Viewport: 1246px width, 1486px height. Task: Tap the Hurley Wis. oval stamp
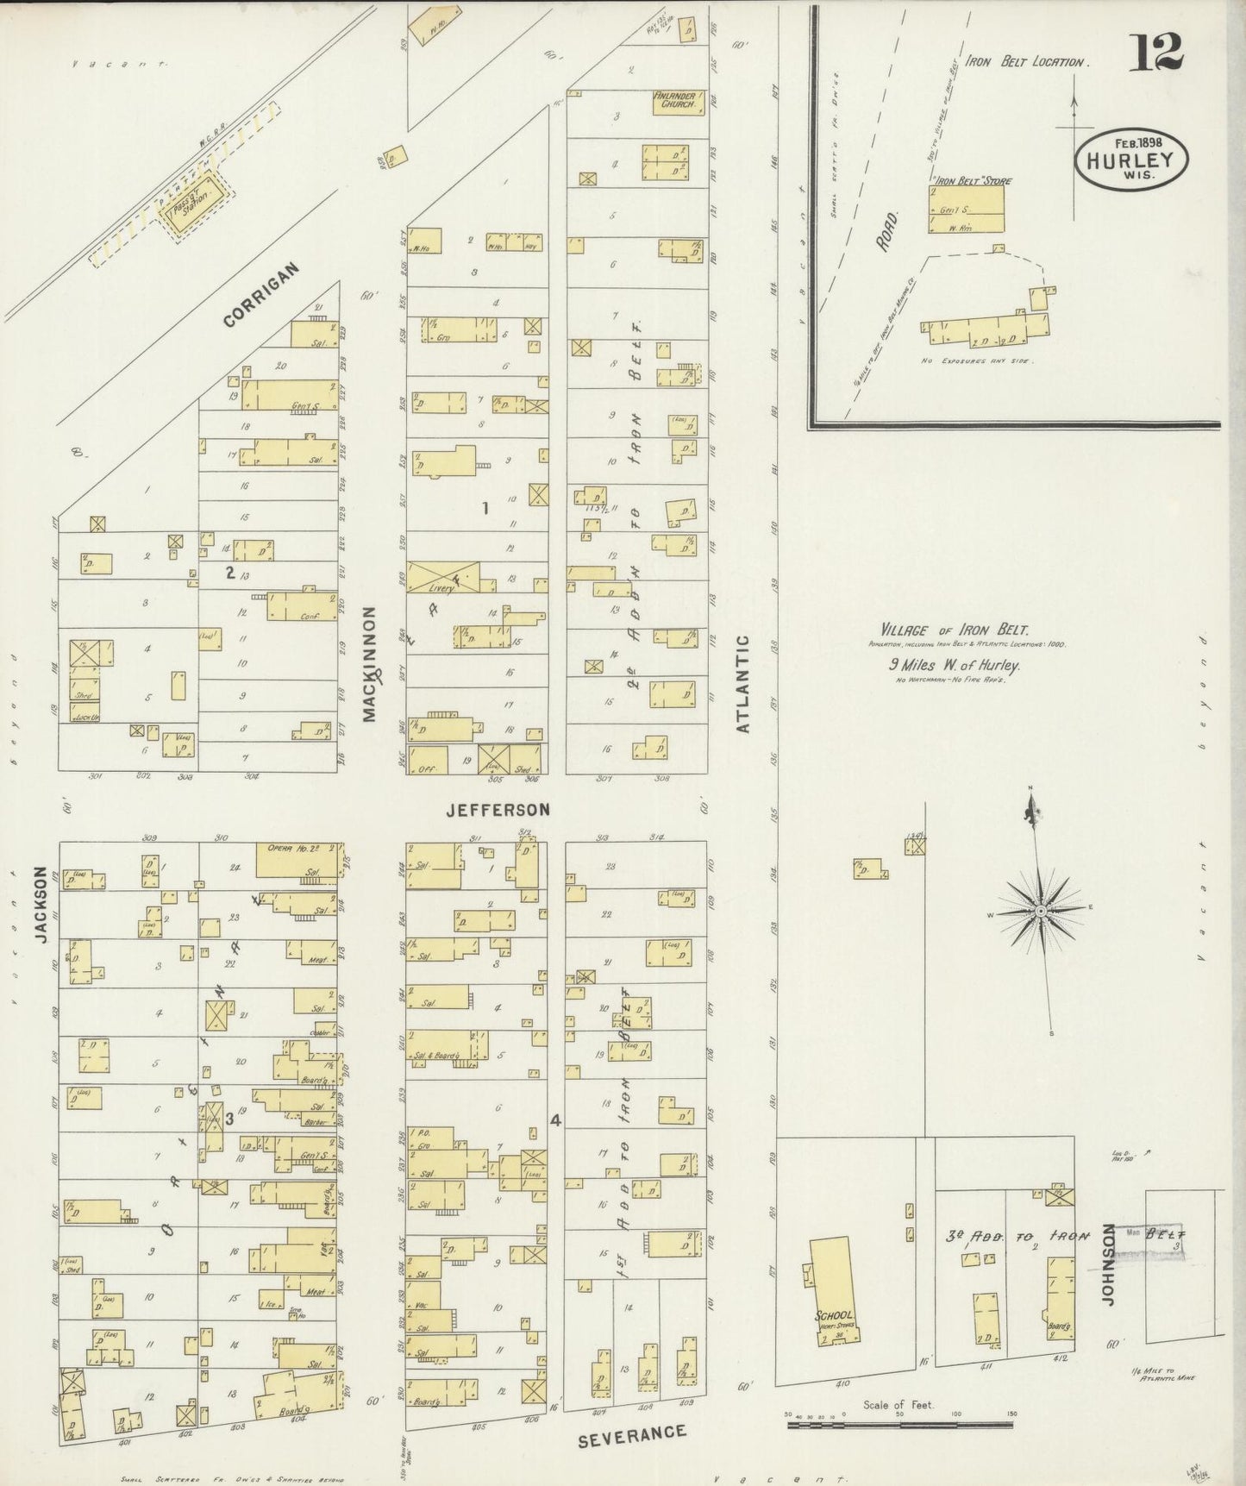click(x=1130, y=160)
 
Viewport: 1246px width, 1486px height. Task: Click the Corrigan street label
click(x=261, y=295)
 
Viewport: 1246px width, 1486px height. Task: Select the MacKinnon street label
click(x=372, y=664)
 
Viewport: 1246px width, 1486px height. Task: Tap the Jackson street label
click(x=41, y=906)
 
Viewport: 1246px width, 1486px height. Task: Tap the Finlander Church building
click(x=678, y=101)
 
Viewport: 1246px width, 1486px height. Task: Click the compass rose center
click(x=1040, y=912)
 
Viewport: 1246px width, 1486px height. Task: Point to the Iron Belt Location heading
click(x=1026, y=62)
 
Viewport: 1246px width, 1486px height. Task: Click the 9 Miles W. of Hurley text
click(x=955, y=665)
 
